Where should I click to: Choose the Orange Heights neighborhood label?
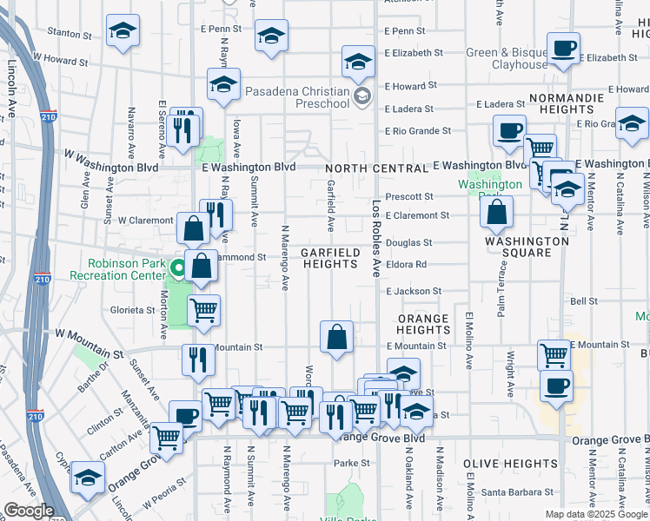(423, 324)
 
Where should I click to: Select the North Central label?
(376, 168)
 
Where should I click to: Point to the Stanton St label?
(70, 35)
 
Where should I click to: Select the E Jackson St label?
(414, 292)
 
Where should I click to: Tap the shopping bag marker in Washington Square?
(495, 211)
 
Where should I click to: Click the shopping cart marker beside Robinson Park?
(203, 310)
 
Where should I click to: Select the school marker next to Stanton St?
(123, 32)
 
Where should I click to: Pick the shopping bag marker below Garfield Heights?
(336, 336)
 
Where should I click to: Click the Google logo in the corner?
(29, 511)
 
